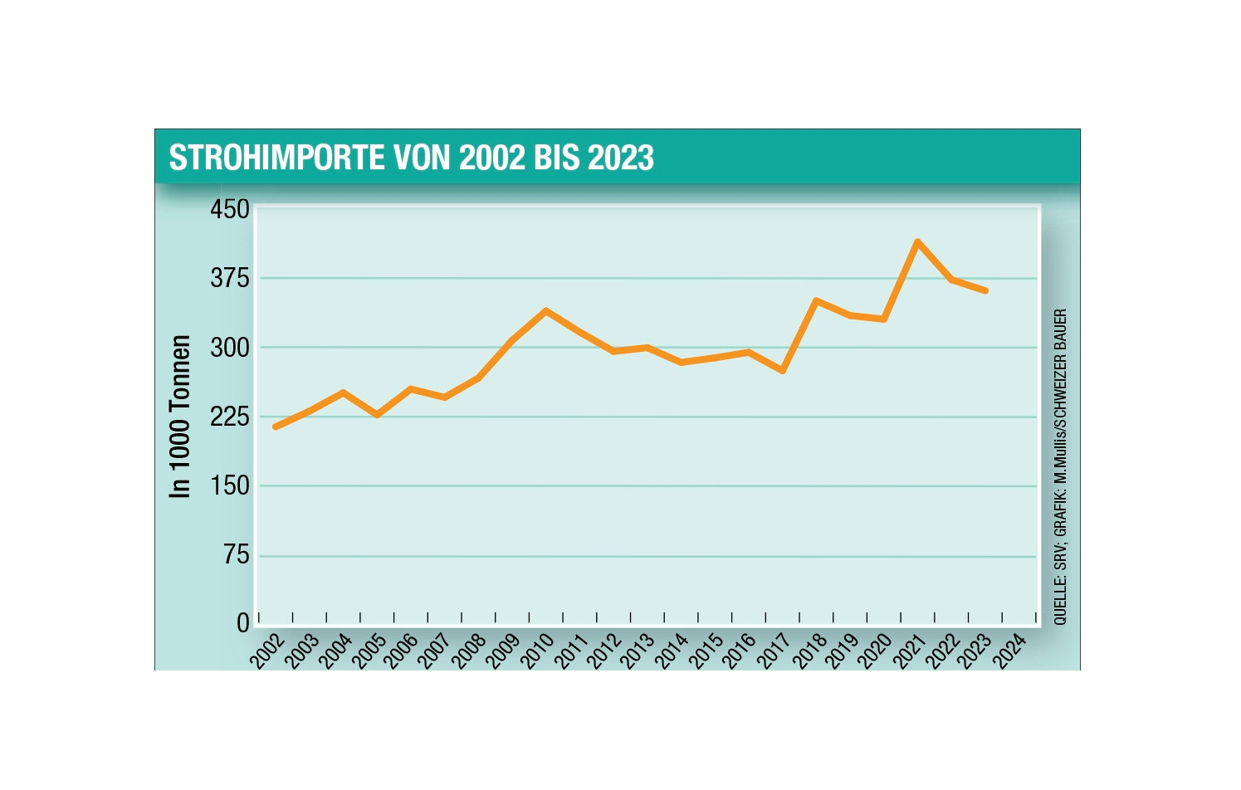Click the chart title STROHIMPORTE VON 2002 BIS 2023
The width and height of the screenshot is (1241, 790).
pyautogui.click(x=411, y=158)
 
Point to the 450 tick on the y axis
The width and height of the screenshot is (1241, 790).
pyautogui.click(x=230, y=209)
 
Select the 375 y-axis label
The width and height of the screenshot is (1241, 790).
pyautogui.click(x=230, y=278)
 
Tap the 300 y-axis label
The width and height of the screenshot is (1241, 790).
pyautogui.click(x=230, y=347)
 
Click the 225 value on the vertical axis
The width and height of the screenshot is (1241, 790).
pyautogui.click(x=230, y=416)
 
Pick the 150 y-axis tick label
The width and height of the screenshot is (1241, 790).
pyautogui.click(x=230, y=485)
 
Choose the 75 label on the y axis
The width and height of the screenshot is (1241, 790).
pyautogui.click(x=237, y=554)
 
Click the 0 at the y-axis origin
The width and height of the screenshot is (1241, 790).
pyautogui.click(x=243, y=622)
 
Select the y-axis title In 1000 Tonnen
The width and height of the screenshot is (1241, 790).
pyautogui.click(x=180, y=416)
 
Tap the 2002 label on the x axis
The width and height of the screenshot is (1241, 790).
pyautogui.click(x=268, y=650)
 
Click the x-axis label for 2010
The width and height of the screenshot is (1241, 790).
pyautogui.click(x=538, y=650)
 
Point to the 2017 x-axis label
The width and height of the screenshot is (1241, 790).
pyautogui.click(x=774, y=650)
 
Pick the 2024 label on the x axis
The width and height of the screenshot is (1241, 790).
pyautogui.click(x=1011, y=650)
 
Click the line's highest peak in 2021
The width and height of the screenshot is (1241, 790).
pyautogui.click(x=917, y=241)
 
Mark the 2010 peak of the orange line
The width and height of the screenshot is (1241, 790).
pyautogui.click(x=545, y=310)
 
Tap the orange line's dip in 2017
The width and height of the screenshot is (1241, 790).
pyautogui.click(x=782, y=370)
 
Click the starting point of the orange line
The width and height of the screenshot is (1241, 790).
pyautogui.click(x=275, y=427)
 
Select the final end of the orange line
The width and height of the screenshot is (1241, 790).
pyautogui.click(x=985, y=290)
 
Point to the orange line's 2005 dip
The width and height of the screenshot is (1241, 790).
pyautogui.click(x=377, y=414)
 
